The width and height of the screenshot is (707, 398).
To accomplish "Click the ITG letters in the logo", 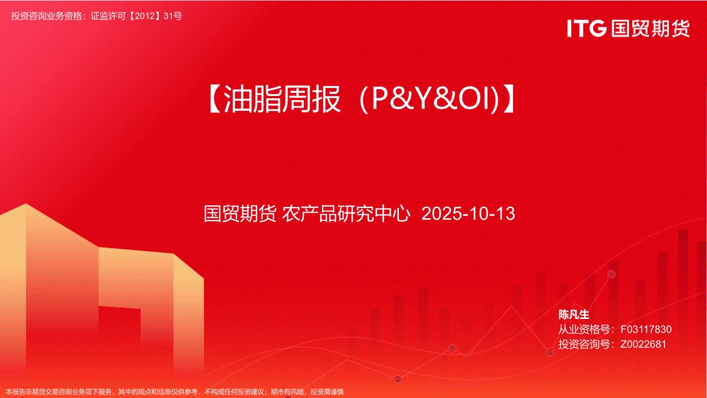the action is [x=587, y=28].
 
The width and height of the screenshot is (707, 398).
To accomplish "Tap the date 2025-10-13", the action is [x=468, y=213].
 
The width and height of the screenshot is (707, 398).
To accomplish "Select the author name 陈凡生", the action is [x=574, y=314].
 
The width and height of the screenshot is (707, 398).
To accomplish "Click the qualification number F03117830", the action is [x=646, y=329].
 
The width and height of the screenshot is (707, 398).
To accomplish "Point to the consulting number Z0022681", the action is [x=643, y=344].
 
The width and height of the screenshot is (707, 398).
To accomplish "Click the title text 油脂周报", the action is [x=282, y=99].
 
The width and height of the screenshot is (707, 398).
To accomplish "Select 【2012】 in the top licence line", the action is [x=145, y=16].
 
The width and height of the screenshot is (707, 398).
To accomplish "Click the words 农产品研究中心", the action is [x=346, y=213].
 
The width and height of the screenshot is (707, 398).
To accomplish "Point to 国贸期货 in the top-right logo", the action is [x=650, y=28].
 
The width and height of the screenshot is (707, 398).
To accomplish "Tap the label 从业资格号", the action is [x=584, y=329].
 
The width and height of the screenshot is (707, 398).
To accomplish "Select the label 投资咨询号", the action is [x=584, y=344].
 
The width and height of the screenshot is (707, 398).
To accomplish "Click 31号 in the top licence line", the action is [x=173, y=16].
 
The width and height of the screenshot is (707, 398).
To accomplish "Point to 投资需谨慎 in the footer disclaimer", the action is [x=327, y=392].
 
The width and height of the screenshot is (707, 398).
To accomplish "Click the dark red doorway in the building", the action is [x=120, y=335].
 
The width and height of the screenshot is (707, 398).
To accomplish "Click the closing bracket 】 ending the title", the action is [x=508, y=99].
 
